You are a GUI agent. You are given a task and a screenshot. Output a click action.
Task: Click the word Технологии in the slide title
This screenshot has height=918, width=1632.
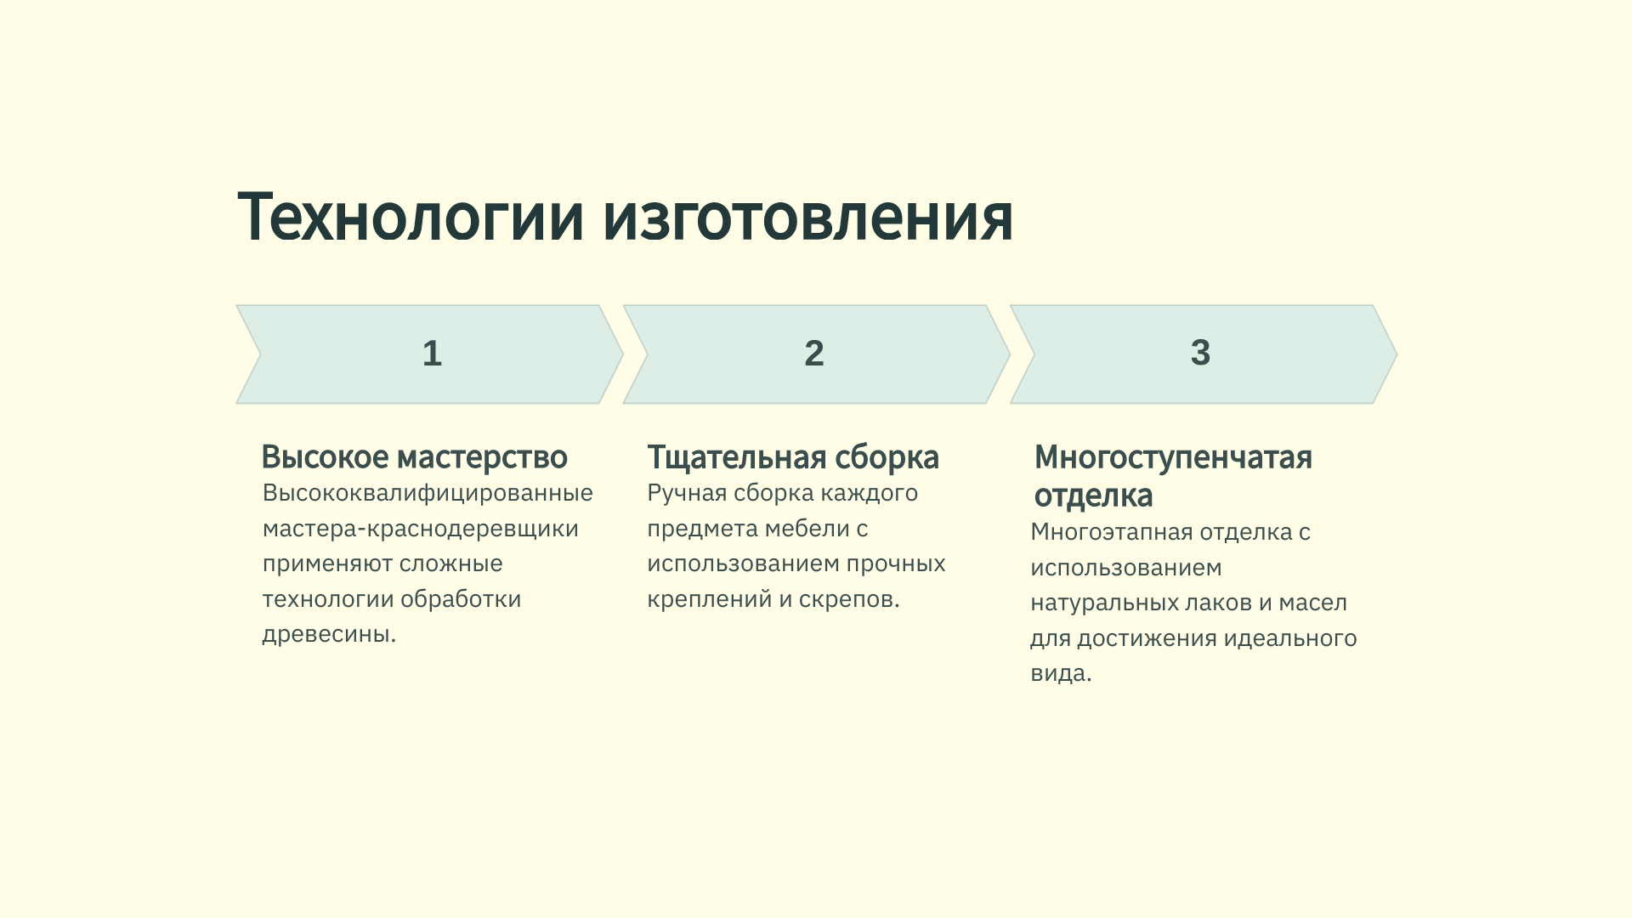411,218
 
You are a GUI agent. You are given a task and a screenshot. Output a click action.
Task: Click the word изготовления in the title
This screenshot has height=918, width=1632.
807,218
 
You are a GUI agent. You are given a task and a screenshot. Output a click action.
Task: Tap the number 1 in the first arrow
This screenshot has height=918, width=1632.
432,354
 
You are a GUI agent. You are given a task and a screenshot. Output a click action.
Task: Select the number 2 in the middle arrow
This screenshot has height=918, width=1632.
814,354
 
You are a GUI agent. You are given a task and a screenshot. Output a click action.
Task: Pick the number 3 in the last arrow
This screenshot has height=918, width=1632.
1200,353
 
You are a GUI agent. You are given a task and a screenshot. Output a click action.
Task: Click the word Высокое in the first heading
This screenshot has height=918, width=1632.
325,457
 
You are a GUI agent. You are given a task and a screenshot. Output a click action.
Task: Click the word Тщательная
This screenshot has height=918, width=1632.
736,457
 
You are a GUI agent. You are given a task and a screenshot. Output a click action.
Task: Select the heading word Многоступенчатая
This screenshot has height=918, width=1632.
1173,457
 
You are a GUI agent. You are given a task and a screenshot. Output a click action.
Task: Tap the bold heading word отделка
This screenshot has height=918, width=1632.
1093,496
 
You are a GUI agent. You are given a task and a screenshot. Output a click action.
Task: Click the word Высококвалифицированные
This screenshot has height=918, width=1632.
428,493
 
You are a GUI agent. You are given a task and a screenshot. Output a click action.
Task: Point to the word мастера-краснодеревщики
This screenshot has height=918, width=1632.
421,529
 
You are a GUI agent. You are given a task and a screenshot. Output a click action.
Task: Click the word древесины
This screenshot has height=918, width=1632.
328,634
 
